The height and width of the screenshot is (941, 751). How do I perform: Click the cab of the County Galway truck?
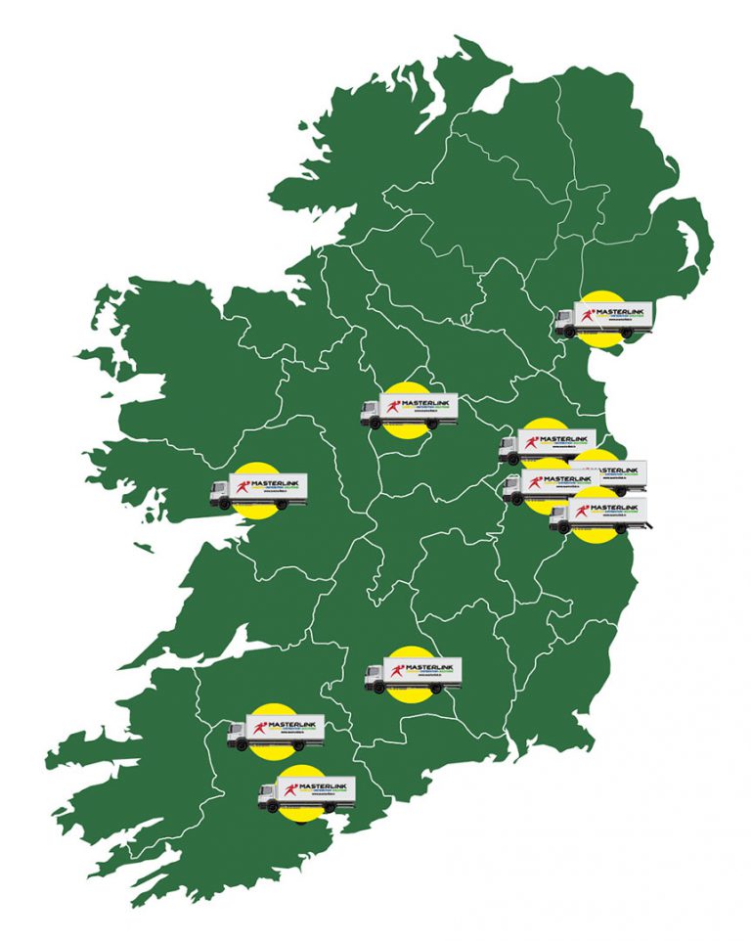pos(221,492)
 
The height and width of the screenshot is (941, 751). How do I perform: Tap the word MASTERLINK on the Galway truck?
pos(278,482)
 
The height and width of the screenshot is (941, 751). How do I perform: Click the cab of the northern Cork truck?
pos(239,737)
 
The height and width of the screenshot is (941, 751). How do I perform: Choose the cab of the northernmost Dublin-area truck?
pos(508,449)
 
